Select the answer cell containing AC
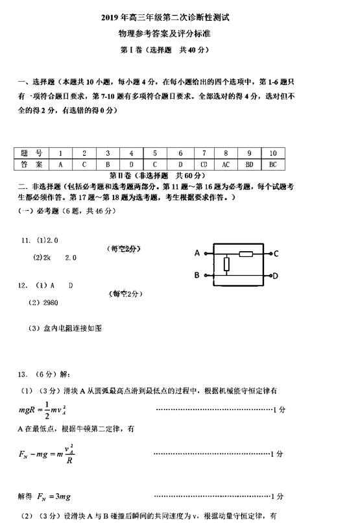click(226, 164)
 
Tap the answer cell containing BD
click(249, 164)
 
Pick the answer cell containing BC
click(273, 164)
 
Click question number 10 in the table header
click(273, 153)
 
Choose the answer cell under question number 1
click(60, 164)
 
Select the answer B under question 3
click(108, 164)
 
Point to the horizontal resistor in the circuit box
click(246, 253)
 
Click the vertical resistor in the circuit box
click(226, 264)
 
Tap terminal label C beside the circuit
click(276, 253)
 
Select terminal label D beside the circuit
click(276, 276)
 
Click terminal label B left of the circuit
click(197, 276)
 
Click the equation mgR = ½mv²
click(44, 409)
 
